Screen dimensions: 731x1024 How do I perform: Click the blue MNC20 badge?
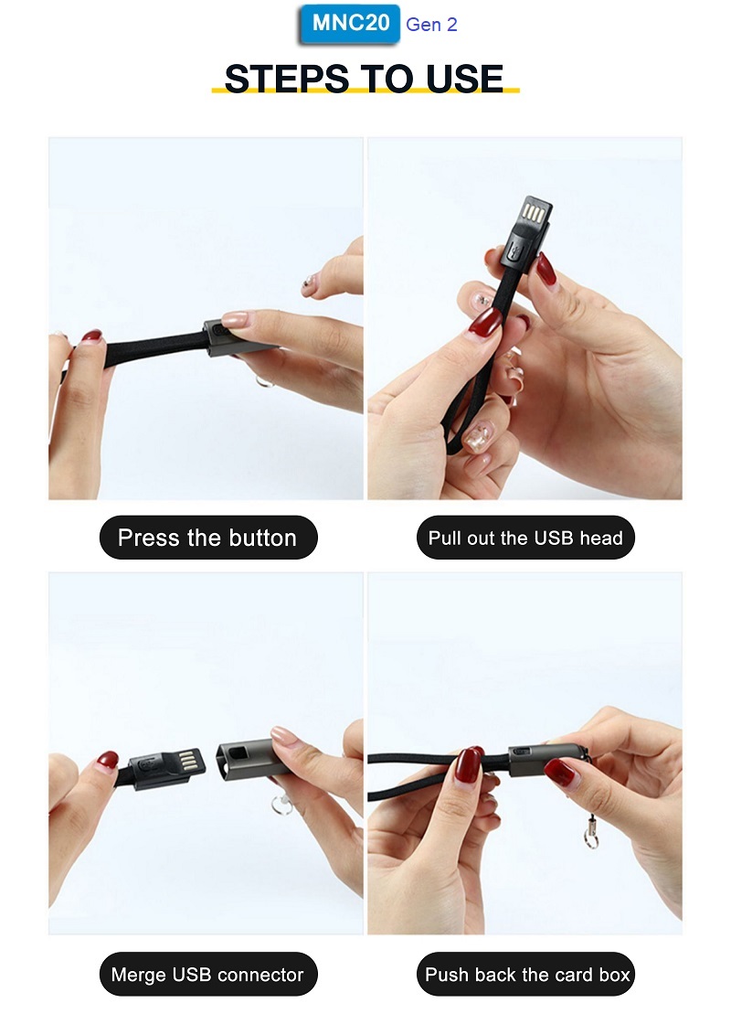[350, 24]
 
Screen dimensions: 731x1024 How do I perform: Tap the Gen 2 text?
[431, 25]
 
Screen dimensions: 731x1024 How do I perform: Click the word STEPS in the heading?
[287, 79]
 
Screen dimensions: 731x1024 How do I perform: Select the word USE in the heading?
[465, 79]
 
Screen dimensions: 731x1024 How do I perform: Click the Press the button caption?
[208, 538]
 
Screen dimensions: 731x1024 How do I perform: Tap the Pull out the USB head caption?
[525, 538]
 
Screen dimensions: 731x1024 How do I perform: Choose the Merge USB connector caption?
[208, 975]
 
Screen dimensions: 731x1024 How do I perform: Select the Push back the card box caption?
[525, 975]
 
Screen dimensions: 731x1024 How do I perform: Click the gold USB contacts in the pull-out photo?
[534, 213]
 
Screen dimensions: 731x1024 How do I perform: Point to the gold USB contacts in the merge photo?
[187, 760]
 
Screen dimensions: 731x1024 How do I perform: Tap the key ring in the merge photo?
[282, 805]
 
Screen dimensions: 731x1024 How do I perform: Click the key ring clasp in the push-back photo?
[590, 831]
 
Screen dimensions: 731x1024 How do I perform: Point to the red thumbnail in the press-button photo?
[92, 336]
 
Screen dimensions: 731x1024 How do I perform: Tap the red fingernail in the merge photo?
[108, 760]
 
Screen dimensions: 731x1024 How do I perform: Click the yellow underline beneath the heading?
[365, 91]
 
